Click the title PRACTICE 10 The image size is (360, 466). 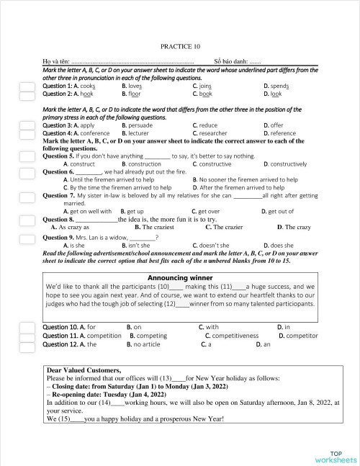[x=181, y=45]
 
